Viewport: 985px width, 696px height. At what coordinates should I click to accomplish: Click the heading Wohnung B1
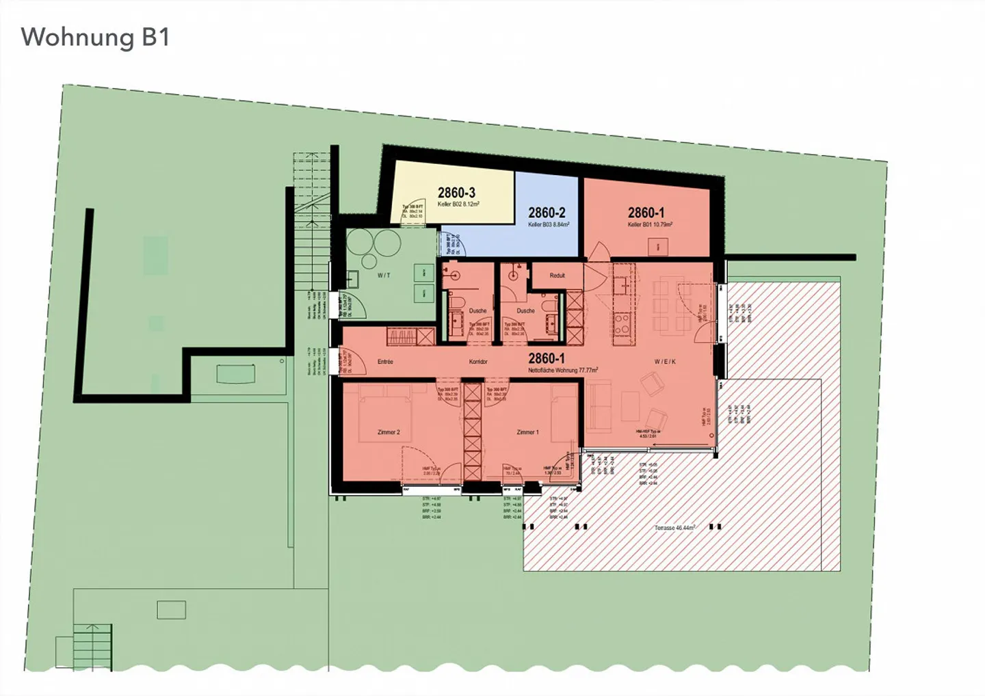pos(95,37)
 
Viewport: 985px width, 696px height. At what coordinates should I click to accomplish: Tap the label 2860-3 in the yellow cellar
pos(456,193)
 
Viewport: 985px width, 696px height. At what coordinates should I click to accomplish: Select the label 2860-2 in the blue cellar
pos(547,213)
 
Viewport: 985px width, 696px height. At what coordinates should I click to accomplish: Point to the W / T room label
pos(384,275)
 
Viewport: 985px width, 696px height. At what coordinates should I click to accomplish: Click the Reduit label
pos(557,276)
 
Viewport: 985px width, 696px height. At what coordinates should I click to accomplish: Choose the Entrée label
pos(385,362)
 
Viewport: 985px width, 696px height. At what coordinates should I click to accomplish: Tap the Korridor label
pos(478,362)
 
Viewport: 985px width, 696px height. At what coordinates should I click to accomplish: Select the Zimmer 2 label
pos(389,432)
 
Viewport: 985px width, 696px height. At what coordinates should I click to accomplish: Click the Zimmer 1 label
pos(527,432)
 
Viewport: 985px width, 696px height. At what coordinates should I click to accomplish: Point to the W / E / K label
pos(664,362)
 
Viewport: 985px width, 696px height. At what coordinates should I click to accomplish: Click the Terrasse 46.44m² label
pos(674,528)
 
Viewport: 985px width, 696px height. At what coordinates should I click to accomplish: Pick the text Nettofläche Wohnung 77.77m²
pos(563,370)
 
